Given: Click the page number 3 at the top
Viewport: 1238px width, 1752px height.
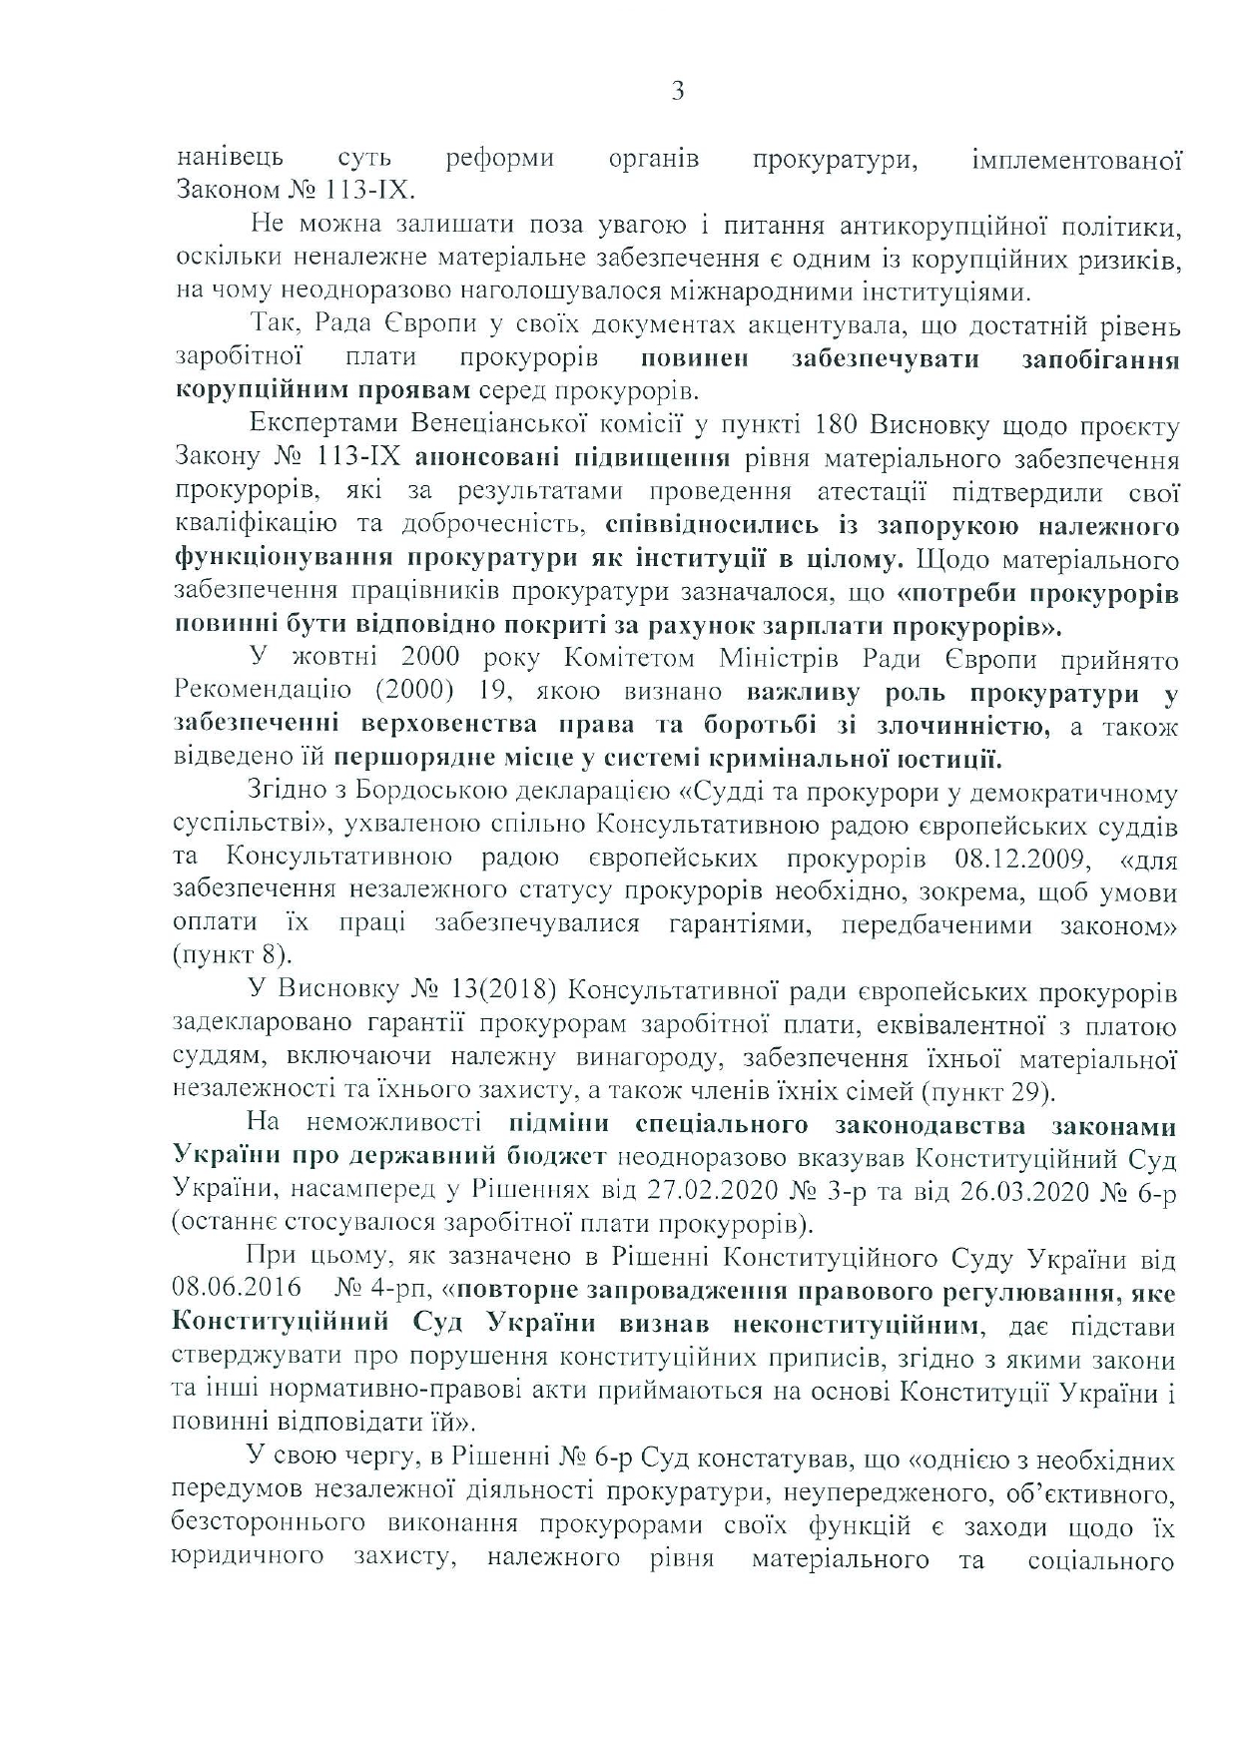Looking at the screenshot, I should pyautogui.click(x=678, y=93).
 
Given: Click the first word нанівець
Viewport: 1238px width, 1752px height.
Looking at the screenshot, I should pyautogui.click(x=230, y=158).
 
